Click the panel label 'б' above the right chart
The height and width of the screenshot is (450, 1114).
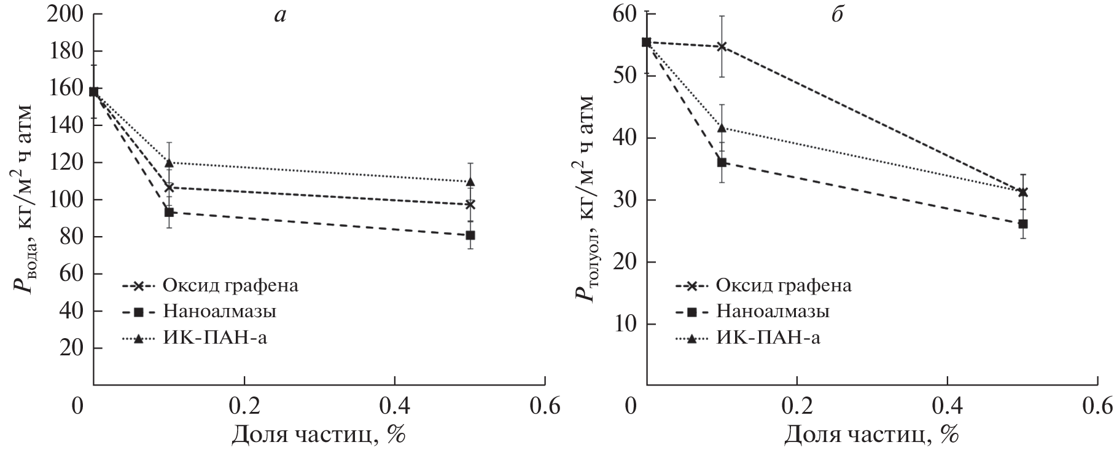pos(836,15)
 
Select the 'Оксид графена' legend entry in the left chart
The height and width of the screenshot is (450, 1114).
pos(230,285)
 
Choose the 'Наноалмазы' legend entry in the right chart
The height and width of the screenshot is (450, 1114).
pos(773,311)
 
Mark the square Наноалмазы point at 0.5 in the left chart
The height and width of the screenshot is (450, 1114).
pos(470,235)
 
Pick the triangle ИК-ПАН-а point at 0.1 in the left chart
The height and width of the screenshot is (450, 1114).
pos(169,162)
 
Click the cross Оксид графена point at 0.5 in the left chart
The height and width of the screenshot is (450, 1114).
pos(470,204)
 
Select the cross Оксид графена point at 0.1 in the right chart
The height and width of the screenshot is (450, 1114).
pos(722,46)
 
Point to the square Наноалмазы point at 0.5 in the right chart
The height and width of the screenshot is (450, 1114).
pos(1023,224)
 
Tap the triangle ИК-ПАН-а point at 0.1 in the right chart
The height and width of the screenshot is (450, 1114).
pos(722,128)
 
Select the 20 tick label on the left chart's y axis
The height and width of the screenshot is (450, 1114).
pos(72,348)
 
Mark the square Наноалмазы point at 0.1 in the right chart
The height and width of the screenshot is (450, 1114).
pos(722,162)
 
